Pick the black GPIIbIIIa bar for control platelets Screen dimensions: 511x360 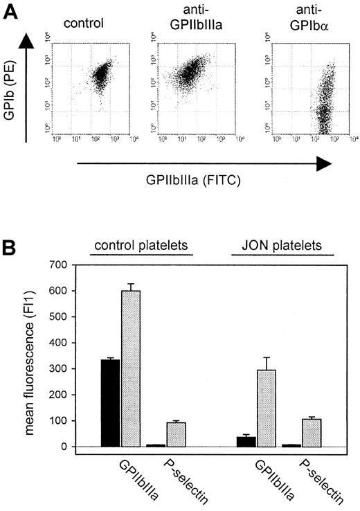click(111, 403)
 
